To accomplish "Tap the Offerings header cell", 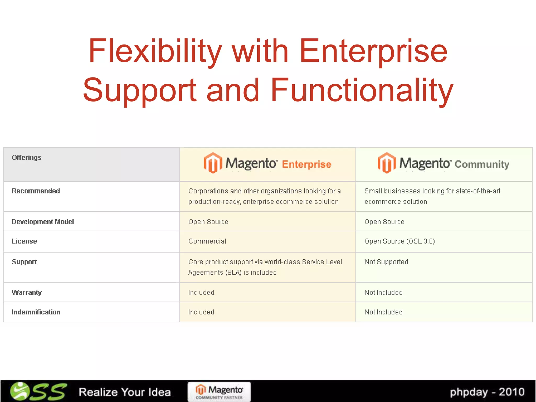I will point(27,158).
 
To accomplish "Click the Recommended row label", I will point(36,191).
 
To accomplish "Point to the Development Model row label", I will point(43,222).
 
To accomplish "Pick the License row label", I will point(24,241).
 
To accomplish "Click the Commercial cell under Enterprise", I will point(207,241).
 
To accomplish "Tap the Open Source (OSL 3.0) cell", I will point(399,241).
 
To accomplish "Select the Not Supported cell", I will point(386,262).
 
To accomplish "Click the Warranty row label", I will point(27,293).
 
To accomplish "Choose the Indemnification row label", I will point(36,312).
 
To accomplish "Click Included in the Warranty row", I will point(201,293).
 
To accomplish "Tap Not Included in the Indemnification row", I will point(383,312).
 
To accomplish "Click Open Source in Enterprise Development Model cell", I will point(208,222).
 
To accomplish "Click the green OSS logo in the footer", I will point(38,392).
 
